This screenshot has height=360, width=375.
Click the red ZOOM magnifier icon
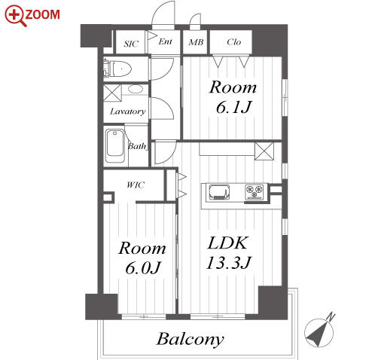click(16, 16)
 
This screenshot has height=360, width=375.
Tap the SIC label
click(131, 44)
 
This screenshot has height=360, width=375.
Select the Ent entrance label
click(165, 41)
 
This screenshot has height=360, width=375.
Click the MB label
click(196, 42)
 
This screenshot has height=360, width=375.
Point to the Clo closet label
click(234, 42)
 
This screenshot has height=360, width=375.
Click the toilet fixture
click(117, 69)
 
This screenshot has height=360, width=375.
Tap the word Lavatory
click(127, 111)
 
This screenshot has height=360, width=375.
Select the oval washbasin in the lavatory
click(136, 89)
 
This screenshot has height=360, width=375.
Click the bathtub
click(114, 146)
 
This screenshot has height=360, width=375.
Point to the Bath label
click(137, 146)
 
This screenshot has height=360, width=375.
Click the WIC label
click(136, 185)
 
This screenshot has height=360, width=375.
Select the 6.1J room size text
click(233, 107)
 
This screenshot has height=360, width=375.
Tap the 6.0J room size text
click(142, 268)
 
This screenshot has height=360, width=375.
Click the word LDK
click(227, 243)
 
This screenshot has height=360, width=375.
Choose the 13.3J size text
click(228, 263)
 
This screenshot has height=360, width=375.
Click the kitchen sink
click(219, 193)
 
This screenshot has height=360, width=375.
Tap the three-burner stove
click(255, 192)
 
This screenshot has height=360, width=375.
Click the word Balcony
click(190, 339)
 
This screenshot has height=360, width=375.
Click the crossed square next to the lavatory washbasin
click(112, 93)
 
